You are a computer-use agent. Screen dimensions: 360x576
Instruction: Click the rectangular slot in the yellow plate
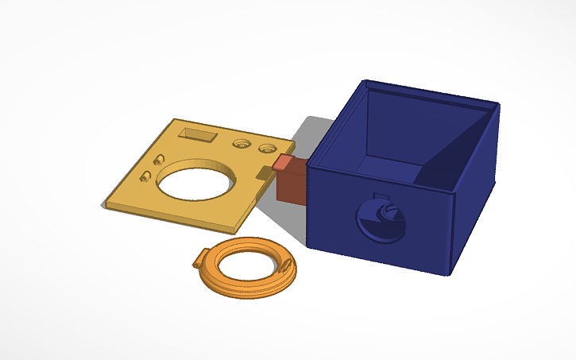[196, 134]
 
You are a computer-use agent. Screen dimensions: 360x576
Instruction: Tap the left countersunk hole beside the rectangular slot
[241, 144]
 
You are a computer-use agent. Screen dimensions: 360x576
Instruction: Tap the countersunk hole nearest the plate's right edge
[267, 148]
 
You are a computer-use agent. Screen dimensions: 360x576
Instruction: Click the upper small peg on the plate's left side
[159, 158]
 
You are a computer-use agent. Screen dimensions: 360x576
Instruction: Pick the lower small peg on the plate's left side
[145, 175]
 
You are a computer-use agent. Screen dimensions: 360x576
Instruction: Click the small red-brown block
[289, 185]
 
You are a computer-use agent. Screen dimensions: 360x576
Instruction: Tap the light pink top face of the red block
[283, 163]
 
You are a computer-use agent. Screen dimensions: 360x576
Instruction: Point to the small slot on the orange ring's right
[283, 263]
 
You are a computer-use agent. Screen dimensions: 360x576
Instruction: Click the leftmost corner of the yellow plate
[103, 207]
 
